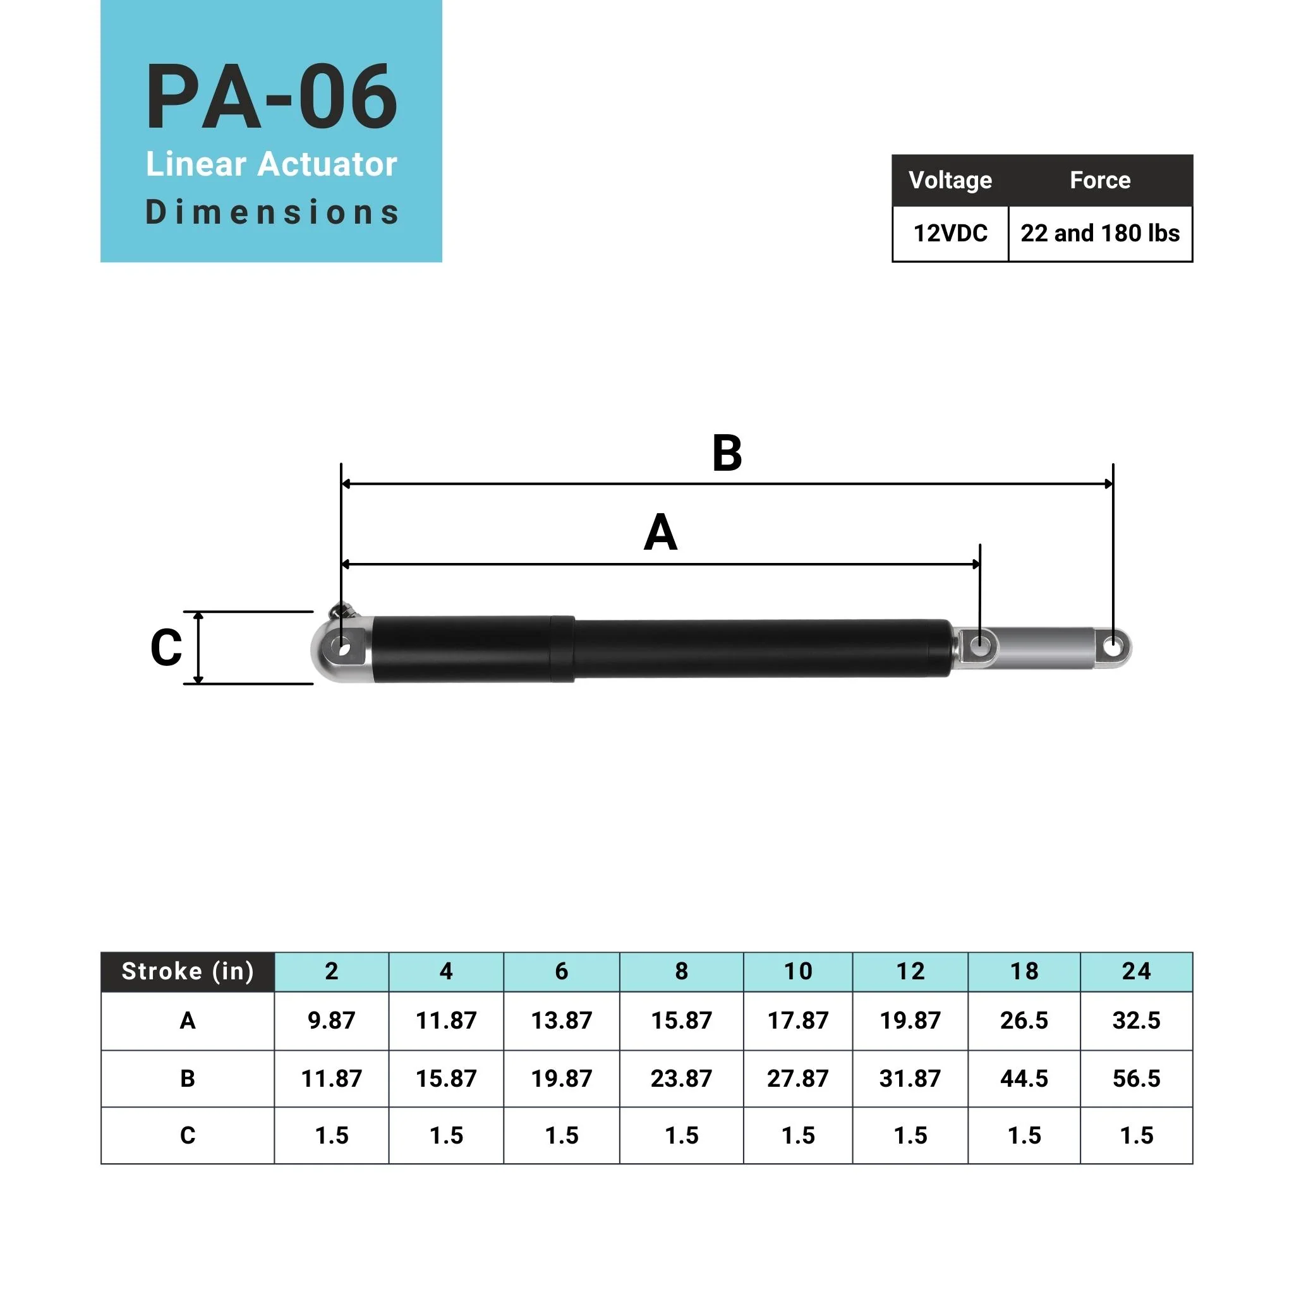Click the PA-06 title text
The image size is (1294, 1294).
point(271,97)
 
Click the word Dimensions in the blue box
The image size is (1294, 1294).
point(271,212)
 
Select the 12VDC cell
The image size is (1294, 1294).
point(950,233)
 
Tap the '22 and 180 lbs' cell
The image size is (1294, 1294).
point(1100,233)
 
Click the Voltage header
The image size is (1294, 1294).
point(950,180)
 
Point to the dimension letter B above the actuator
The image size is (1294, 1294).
point(727,454)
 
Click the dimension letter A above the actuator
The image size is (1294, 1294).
point(660,533)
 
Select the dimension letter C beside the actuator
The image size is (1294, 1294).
point(166,648)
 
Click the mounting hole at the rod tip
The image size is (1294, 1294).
point(1113,648)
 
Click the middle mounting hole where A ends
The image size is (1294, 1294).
point(980,647)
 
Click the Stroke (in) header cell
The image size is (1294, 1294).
point(188,971)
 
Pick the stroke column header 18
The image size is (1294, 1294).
point(1024,971)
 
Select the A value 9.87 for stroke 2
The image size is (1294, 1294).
point(332,1021)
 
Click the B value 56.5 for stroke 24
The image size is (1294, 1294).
point(1136,1079)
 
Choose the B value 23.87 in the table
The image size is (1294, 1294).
point(681,1079)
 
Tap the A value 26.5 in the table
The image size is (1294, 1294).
point(1024,1021)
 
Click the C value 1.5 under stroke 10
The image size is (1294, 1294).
point(798,1136)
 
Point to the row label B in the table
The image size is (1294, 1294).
point(188,1079)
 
